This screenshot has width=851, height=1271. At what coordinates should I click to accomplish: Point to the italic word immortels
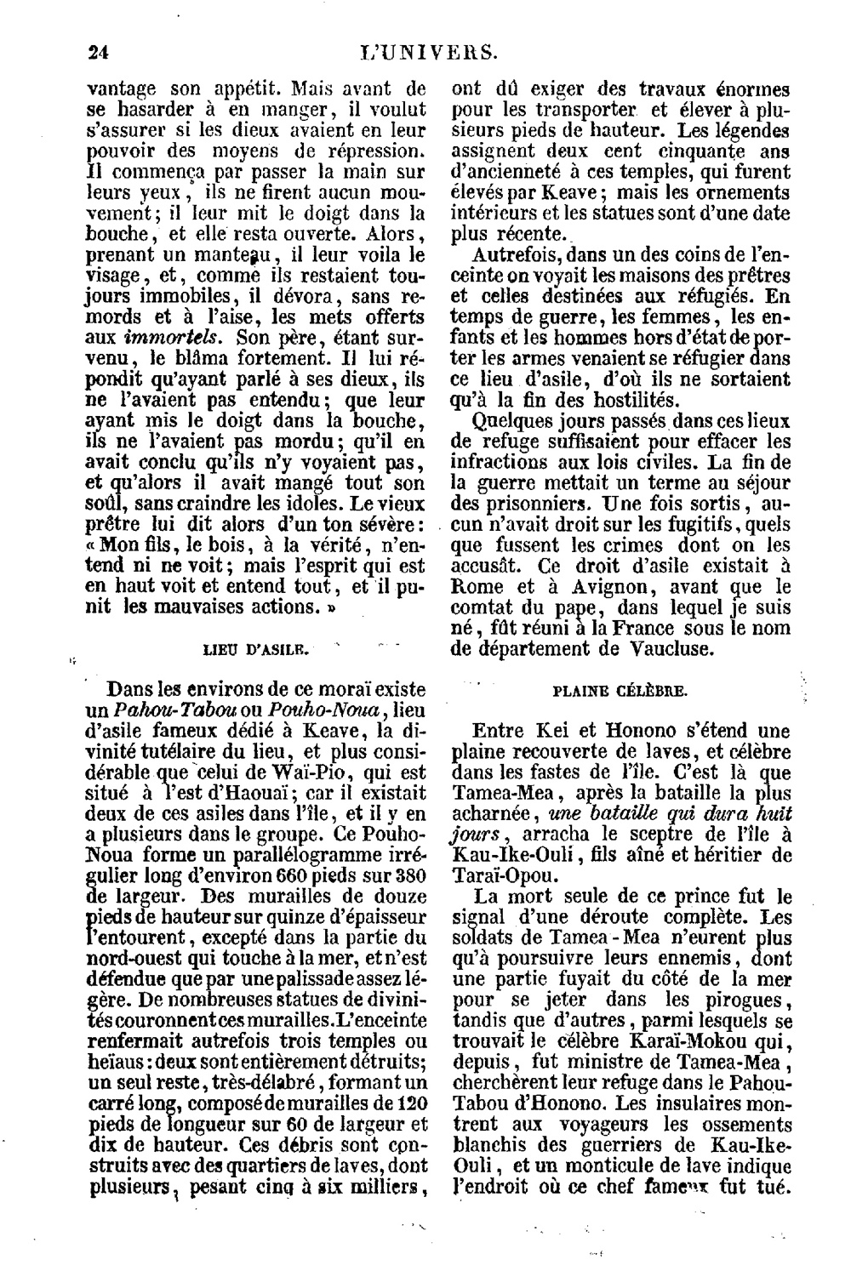[166, 338]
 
